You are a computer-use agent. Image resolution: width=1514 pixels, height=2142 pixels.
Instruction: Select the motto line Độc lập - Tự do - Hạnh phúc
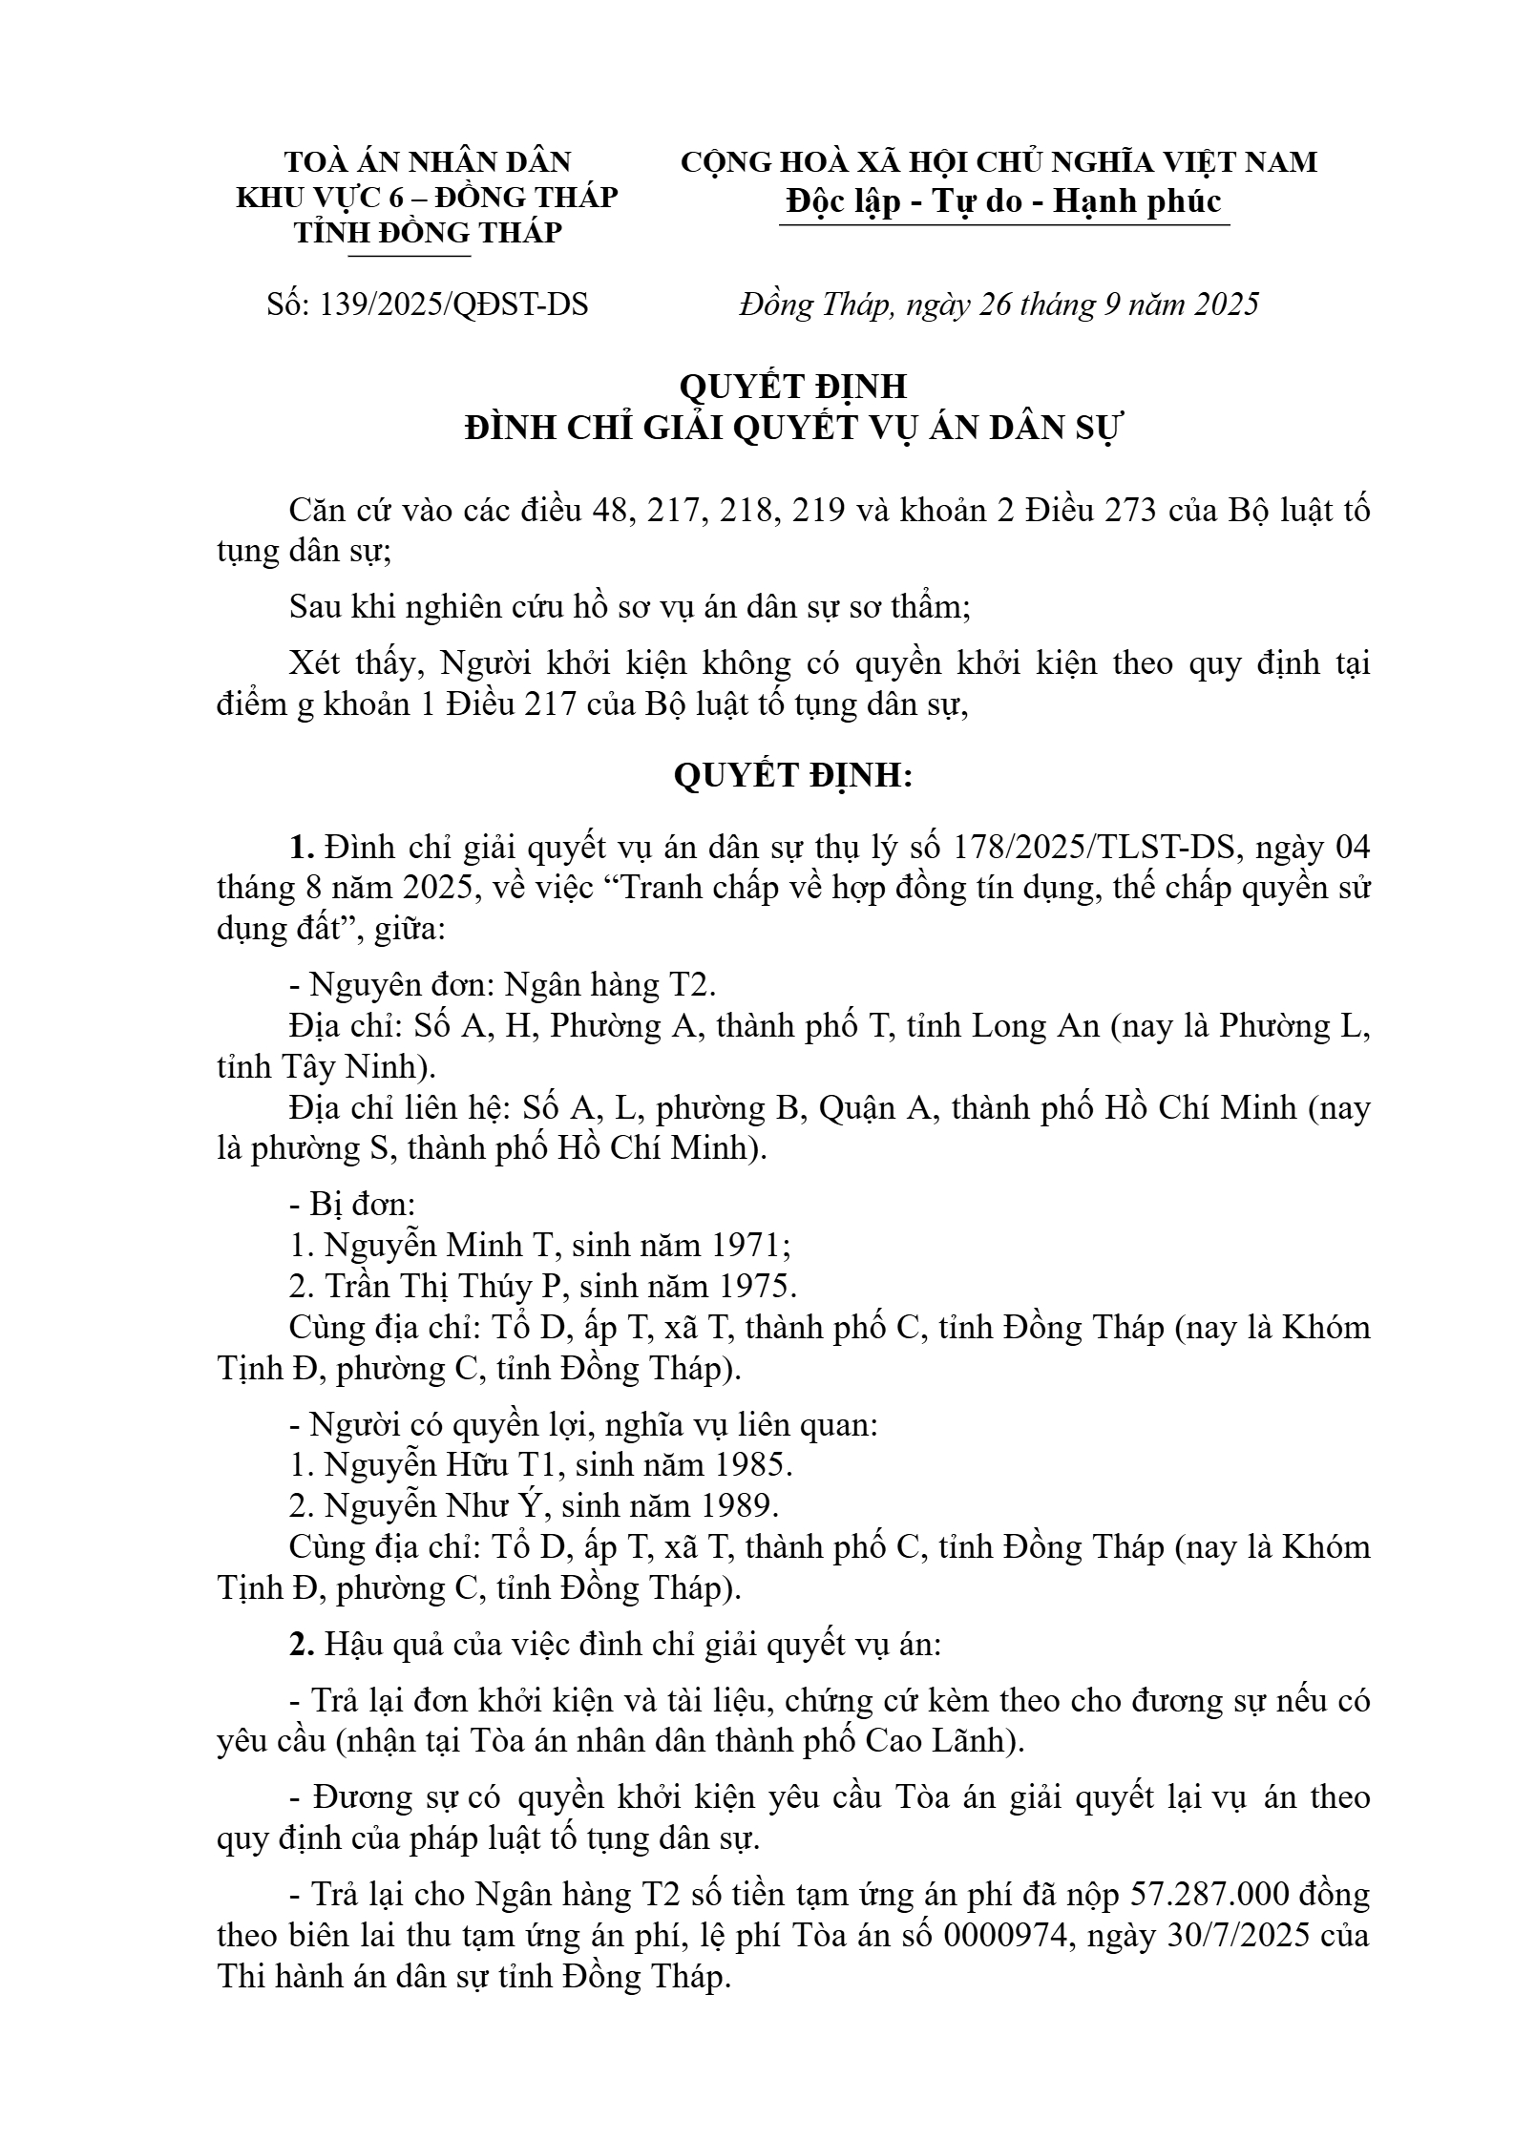coord(1003,201)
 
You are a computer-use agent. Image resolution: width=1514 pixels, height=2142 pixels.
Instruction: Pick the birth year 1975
coord(751,1287)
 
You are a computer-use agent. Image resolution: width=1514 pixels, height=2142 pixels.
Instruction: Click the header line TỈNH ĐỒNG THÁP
coord(427,232)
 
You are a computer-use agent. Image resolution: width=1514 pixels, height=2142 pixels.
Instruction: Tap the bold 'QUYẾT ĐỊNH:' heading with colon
coord(793,776)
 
